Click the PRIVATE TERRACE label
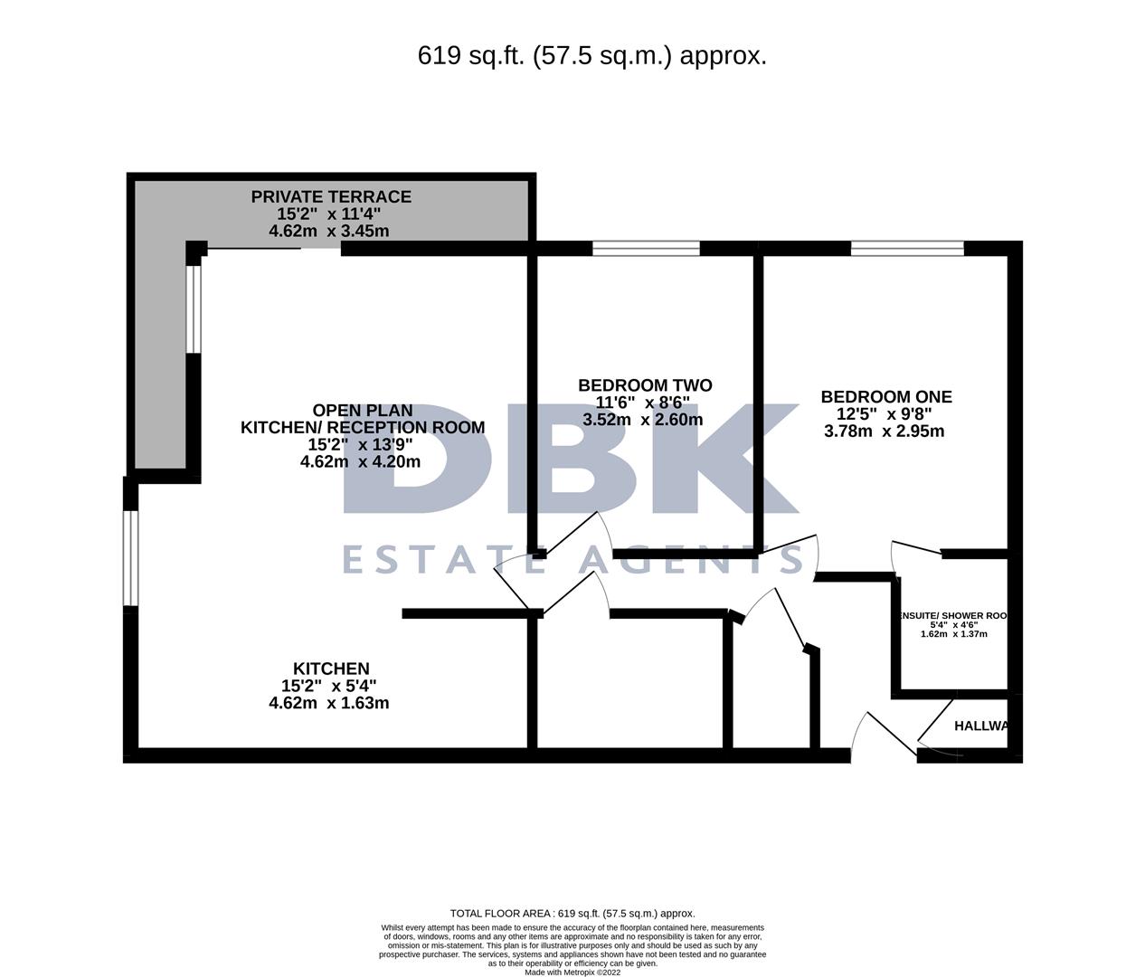[x=330, y=196]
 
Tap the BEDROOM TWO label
[x=645, y=385]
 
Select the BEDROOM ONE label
[x=885, y=396]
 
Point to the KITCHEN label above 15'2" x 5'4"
[x=330, y=669]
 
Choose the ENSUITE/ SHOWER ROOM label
[x=952, y=615]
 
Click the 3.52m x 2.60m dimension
[x=642, y=420]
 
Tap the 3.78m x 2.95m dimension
[x=884, y=431]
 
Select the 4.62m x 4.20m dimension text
[x=360, y=461]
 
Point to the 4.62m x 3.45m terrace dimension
[x=329, y=231]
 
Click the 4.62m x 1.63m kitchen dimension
[x=329, y=703]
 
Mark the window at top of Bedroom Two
[x=646, y=249]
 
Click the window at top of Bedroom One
[x=906, y=249]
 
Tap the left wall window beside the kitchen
[x=131, y=557]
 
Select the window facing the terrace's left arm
[x=193, y=308]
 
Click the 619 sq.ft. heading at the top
[x=591, y=56]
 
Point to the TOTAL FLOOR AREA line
[x=572, y=914]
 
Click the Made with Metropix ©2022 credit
[x=572, y=972]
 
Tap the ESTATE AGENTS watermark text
[x=572, y=559]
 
